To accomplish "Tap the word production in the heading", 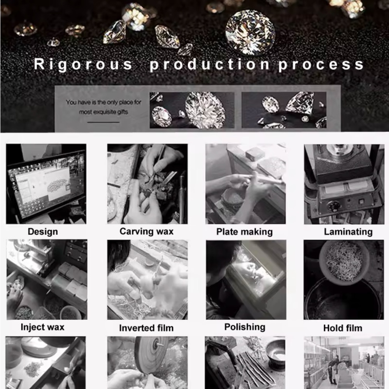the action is point(210,65).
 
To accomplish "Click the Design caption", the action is point(43,232).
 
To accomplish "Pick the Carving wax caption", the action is point(146,231).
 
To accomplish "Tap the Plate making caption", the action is point(244,232).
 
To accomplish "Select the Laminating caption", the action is point(348,232).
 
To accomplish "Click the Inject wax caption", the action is point(42,327).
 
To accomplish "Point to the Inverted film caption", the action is point(146,328).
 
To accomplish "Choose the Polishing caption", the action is point(245,327).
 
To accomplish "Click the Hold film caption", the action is point(343,328).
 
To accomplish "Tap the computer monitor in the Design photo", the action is point(46,186).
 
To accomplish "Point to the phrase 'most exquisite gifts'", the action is point(103,112).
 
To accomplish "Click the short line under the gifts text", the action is point(103,122).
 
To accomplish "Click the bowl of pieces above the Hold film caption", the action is point(344,263).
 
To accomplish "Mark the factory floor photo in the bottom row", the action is point(344,363).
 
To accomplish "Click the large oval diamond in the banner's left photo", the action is point(205,110).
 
